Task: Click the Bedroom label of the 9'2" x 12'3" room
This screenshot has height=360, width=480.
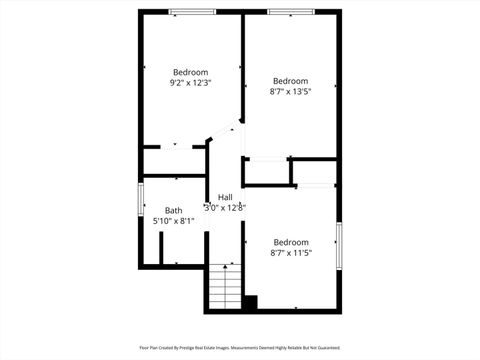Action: coord(190,72)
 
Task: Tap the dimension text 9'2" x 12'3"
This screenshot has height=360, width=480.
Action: coord(190,83)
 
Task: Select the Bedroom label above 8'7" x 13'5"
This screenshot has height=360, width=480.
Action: coord(290,80)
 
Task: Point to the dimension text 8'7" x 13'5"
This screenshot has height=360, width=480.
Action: coord(290,91)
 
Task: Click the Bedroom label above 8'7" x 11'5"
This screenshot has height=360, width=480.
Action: coord(290,242)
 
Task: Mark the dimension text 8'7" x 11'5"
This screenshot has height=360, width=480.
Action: coord(290,253)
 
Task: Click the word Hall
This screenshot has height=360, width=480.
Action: coord(225,197)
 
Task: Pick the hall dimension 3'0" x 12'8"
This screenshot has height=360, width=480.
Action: coord(225,208)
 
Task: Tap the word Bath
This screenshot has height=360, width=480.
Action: coord(174,210)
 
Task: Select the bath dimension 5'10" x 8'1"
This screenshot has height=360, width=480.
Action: coord(174,221)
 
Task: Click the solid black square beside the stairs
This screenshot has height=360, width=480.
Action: coord(250,302)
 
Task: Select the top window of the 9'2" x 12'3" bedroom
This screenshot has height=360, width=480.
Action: coord(192,12)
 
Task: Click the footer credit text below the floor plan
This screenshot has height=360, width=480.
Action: coord(240,347)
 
